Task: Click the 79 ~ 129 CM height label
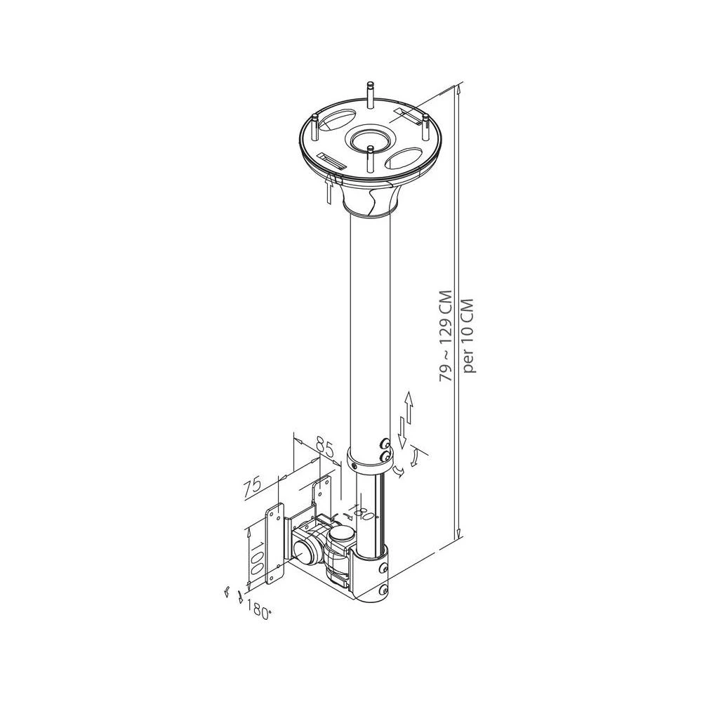coord(445,337)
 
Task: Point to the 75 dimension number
coord(253,486)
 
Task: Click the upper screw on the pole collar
coord(384,444)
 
